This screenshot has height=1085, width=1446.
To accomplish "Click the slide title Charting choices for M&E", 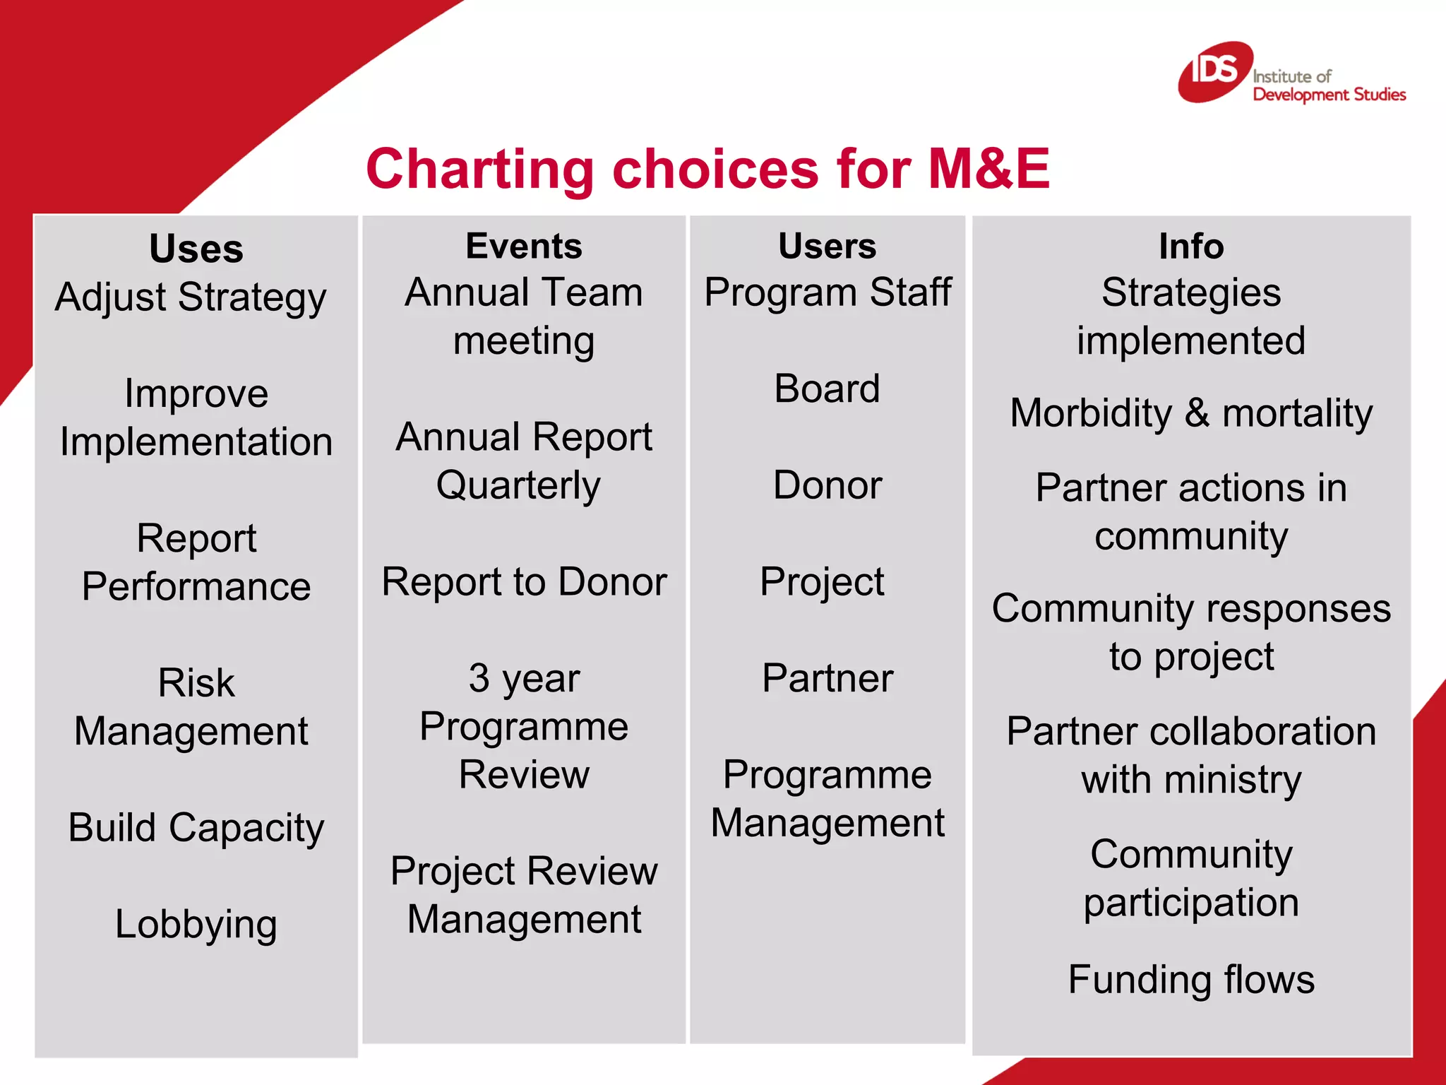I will click(707, 170).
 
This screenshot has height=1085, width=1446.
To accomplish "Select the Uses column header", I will click(196, 249).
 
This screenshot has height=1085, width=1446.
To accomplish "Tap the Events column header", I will click(524, 247).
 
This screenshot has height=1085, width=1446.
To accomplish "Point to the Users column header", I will click(827, 247).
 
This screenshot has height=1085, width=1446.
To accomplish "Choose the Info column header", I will click(1191, 247).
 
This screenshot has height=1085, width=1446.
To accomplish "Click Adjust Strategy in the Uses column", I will click(191, 297).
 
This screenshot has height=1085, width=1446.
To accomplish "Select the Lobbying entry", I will click(196, 925).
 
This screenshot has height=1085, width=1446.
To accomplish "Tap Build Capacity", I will click(196, 828).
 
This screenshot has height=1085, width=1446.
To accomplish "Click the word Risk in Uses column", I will click(196, 683).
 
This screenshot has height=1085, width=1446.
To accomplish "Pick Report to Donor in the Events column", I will click(524, 582).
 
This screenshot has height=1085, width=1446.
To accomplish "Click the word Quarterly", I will click(518, 486).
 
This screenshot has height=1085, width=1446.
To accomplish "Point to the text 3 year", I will click(524, 678).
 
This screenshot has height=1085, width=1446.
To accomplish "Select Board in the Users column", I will click(827, 389).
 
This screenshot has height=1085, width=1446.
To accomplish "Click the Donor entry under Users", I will click(827, 486).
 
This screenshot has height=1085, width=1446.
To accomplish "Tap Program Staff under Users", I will click(827, 292).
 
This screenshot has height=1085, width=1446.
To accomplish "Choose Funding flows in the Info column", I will click(1191, 980).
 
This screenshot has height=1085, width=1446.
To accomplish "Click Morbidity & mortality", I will click(1191, 413).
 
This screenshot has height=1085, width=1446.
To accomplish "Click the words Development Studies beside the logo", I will click(1329, 95).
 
